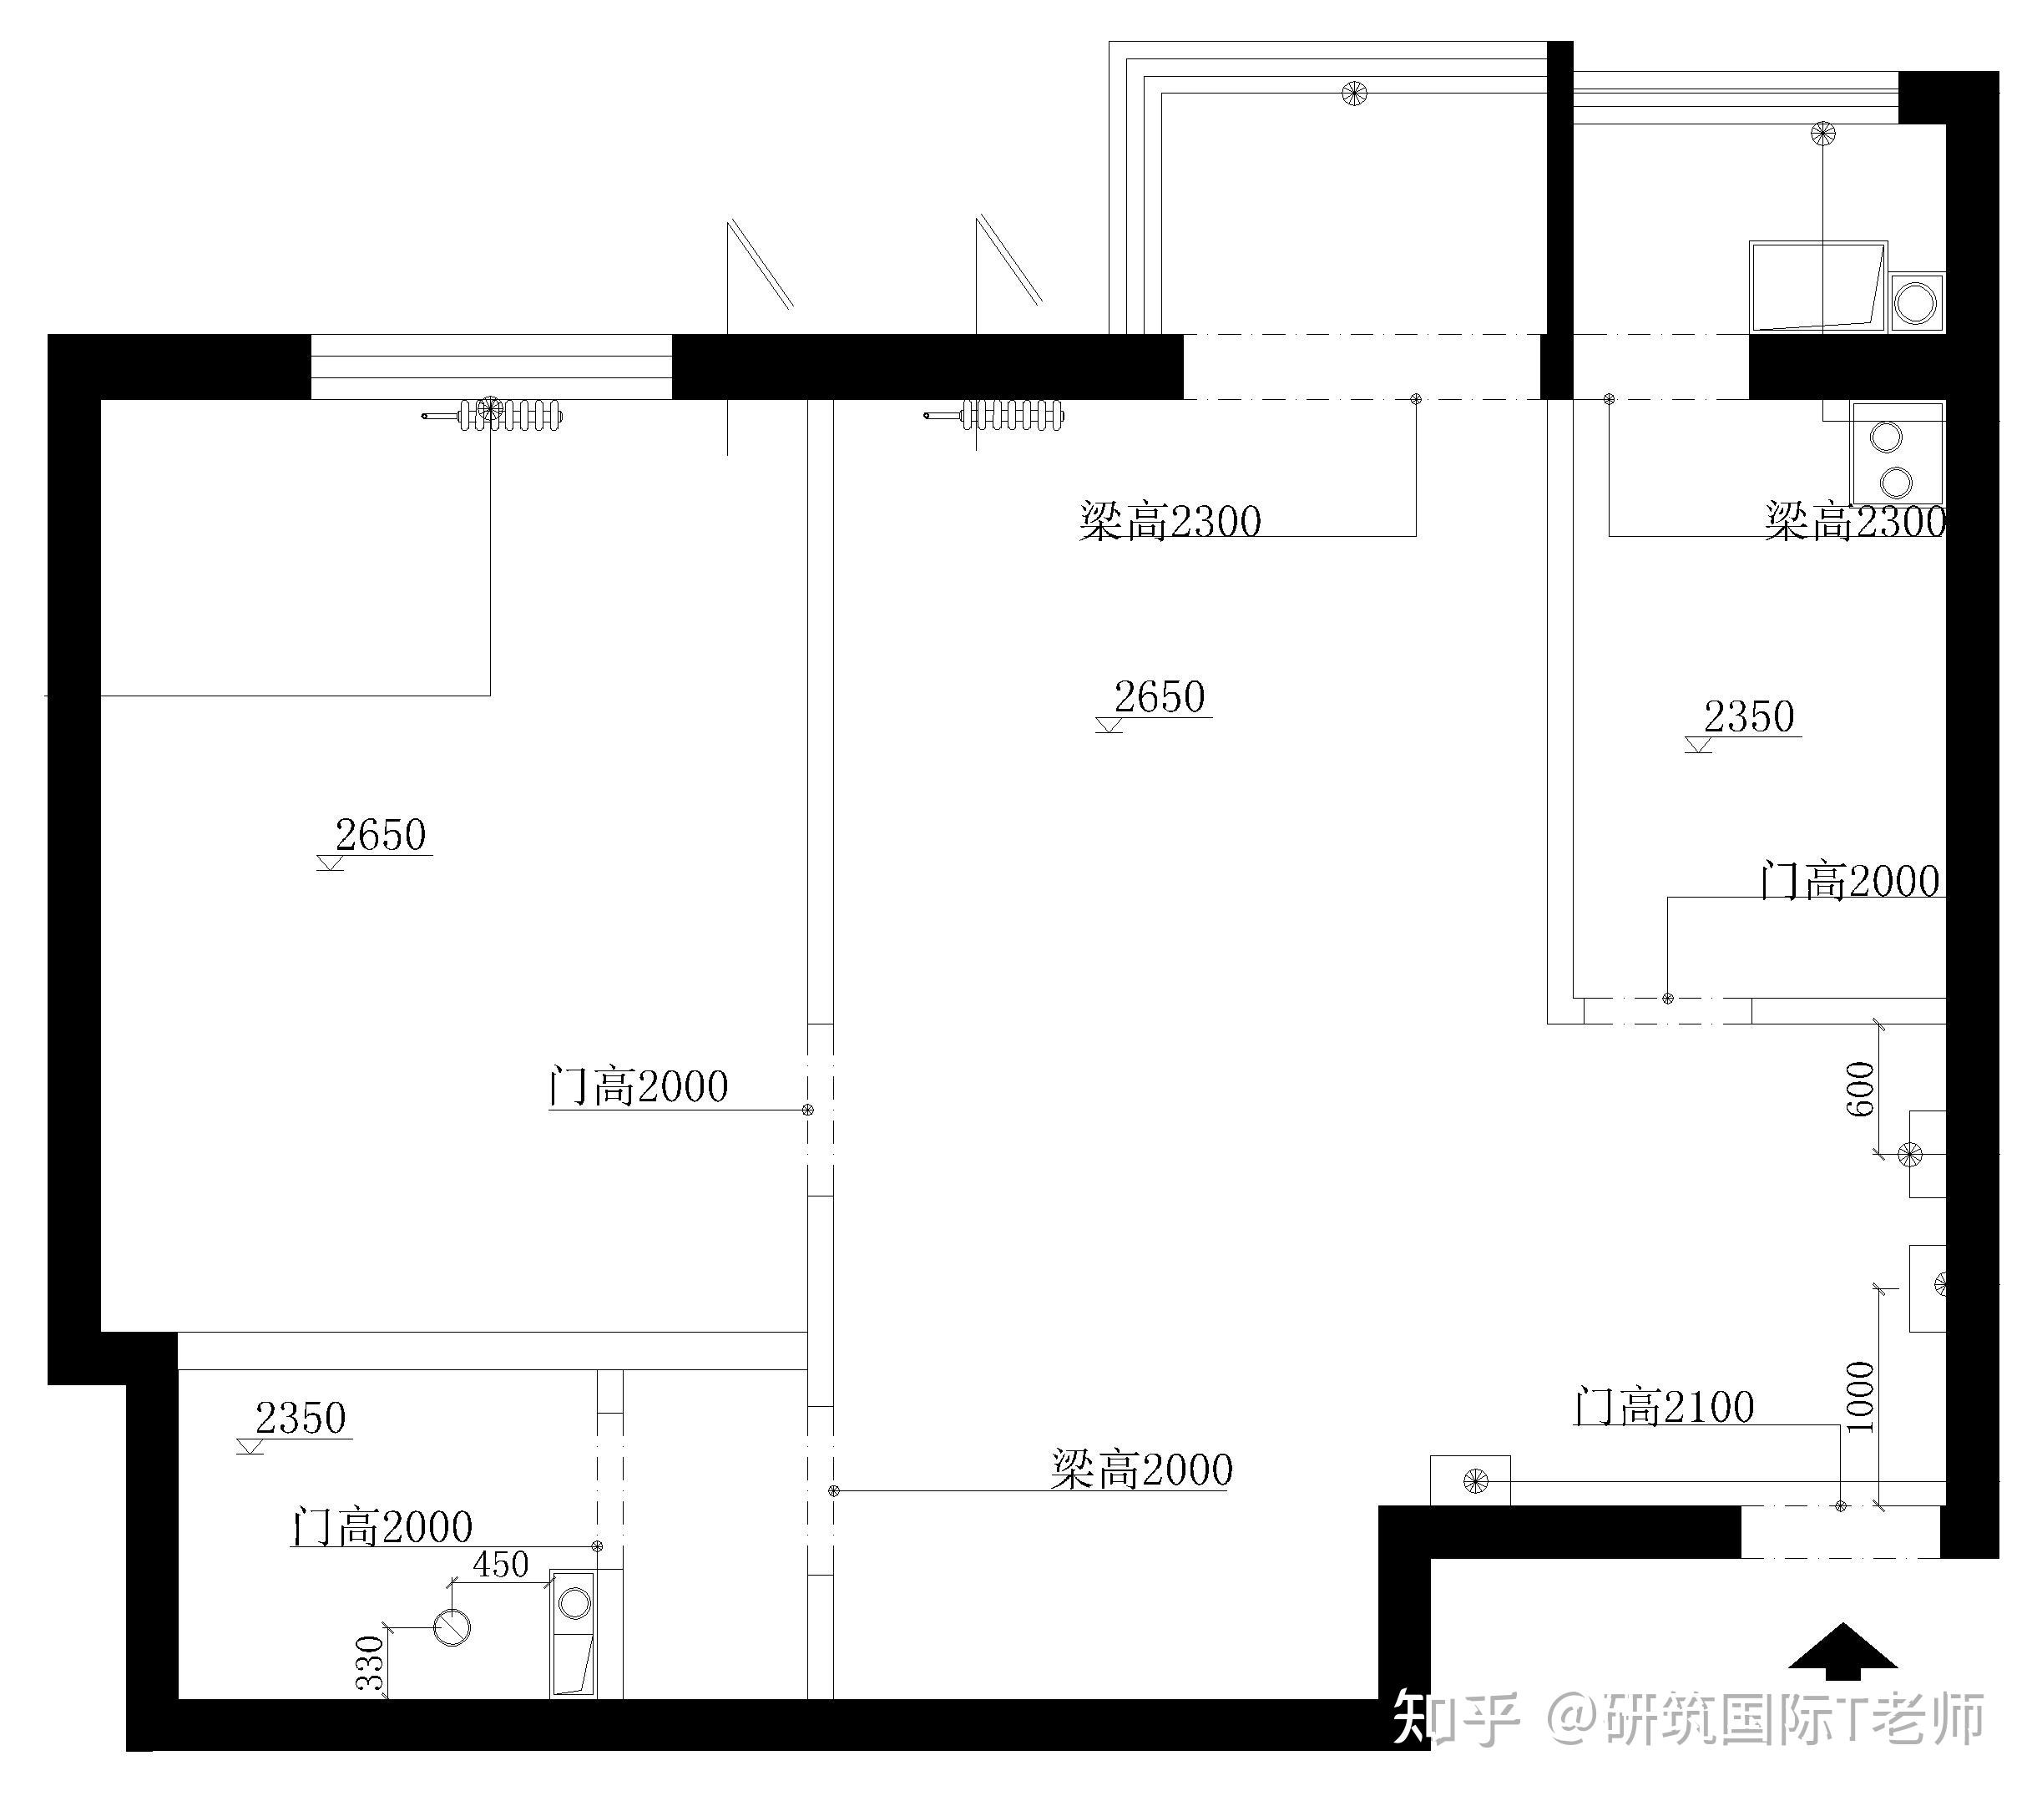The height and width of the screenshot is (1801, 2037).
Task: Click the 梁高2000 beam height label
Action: point(1142,1470)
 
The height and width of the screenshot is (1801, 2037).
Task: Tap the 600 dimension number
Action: point(1861,1089)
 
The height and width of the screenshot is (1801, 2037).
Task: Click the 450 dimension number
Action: point(500,1565)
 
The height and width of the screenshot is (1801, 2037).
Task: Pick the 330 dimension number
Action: point(371,1663)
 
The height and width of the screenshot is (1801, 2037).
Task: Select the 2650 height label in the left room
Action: point(381,835)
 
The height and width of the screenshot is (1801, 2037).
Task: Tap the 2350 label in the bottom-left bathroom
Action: point(301,1419)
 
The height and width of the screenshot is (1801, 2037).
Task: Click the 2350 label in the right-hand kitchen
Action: point(1749,716)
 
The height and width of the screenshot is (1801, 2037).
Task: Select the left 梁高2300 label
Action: point(1170,521)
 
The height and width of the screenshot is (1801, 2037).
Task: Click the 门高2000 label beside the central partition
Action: point(639,1086)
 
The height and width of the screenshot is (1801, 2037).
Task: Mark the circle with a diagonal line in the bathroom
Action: point(452,1627)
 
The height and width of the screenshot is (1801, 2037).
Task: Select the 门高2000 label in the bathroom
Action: point(382,1527)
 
